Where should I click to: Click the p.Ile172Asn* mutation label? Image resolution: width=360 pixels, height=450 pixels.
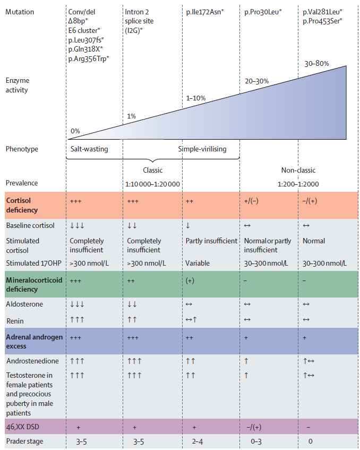pyautogui.click(x=205, y=12)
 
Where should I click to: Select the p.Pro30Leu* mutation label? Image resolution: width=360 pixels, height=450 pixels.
pyautogui.click(x=263, y=12)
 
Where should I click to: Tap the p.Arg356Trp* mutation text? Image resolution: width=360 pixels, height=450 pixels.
pyautogui.click(x=89, y=58)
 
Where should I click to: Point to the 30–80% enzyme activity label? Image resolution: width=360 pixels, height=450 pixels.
pyautogui.click(x=316, y=63)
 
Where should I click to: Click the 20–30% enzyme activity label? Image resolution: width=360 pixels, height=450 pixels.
pyautogui.click(x=257, y=81)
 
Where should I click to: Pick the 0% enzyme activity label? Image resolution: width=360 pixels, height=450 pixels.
pyautogui.click(x=75, y=131)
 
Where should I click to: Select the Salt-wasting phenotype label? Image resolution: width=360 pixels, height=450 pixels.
pyautogui.click(x=89, y=149)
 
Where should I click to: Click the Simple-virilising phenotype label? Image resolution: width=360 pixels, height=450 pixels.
pyautogui.click(x=202, y=149)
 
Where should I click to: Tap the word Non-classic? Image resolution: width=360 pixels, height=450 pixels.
pyautogui.click(x=298, y=170)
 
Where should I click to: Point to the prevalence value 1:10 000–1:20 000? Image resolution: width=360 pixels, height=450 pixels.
pyautogui.click(x=152, y=184)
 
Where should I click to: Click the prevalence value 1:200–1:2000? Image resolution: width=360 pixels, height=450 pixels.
pyautogui.click(x=298, y=184)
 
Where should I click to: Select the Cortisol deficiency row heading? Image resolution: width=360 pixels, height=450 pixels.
pyautogui.click(x=22, y=205)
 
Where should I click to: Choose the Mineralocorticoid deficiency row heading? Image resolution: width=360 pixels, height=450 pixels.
pyautogui.click(x=34, y=284)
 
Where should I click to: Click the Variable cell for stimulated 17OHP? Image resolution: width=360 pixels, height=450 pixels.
pyautogui.click(x=198, y=263)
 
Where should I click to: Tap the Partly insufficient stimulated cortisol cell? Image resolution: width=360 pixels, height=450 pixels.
pyautogui.click(x=211, y=241)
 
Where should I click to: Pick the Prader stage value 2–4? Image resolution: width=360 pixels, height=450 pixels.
pyautogui.click(x=198, y=441)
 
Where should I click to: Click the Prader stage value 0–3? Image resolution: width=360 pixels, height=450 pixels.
pyautogui.click(x=256, y=441)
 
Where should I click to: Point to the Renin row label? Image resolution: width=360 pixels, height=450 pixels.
pyautogui.click(x=15, y=321)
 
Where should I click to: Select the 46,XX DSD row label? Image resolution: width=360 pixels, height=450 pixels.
pyautogui.click(x=22, y=427)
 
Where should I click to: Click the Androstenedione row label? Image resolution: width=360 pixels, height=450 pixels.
pyautogui.click(x=32, y=361)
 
